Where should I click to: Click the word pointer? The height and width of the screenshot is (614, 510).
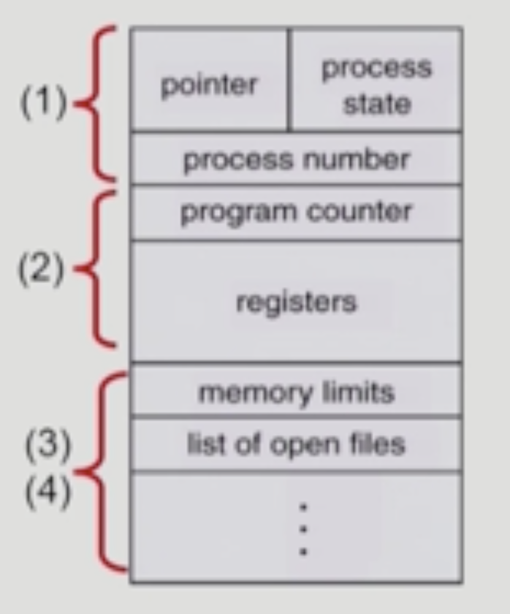coord(209,86)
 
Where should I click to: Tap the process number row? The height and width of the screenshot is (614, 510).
coord(296,159)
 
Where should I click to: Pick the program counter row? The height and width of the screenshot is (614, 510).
coord(296,212)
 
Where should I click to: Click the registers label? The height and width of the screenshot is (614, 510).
coord(296,301)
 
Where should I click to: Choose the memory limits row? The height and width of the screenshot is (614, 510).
coord(296,393)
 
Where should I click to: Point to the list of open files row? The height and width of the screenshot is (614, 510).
coord(296,444)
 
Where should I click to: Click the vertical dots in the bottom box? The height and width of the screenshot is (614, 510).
coord(304,528)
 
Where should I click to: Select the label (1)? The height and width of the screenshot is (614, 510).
coord(42,105)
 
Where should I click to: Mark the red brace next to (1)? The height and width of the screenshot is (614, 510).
coord(98,104)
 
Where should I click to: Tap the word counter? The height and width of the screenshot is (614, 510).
coord(371,212)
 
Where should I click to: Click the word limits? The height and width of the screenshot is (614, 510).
coord(360,393)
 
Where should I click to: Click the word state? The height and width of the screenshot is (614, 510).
coord(376,103)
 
